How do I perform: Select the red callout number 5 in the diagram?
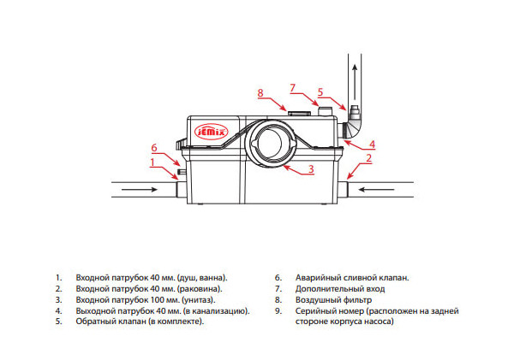[320, 91]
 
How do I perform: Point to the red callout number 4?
[372, 144]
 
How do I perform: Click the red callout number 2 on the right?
[368, 158]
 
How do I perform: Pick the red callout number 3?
[311, 169]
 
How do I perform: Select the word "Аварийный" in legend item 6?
[314, 278]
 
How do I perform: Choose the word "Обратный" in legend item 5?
[96, 322]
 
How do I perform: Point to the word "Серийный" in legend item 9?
[312, 311]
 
